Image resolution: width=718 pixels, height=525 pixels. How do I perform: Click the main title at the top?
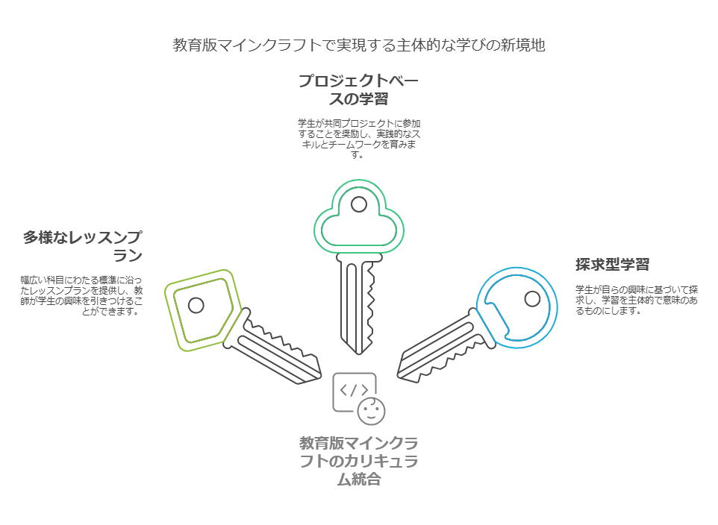tap(359, 45)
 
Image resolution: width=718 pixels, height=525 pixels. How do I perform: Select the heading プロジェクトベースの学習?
tap(359, 89)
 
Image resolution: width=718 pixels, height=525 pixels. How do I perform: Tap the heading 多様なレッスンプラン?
tap(82, 246)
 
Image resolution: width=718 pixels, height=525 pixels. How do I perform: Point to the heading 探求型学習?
tap(612, 264)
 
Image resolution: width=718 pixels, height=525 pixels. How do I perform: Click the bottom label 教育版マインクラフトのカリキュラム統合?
tap(359, 461)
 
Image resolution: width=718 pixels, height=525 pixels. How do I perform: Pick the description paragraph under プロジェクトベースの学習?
tap(359, 139)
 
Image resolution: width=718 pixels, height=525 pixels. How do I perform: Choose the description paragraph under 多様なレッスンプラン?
tap(82, 296)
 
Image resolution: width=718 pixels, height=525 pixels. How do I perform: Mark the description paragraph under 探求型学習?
tap(637, 300)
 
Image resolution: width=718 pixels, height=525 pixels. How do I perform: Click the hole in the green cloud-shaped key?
tap(359, 204)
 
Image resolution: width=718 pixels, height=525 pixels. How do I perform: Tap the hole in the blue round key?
tap(532, 299)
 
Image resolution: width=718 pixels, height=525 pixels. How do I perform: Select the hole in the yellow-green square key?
tap(196, 305)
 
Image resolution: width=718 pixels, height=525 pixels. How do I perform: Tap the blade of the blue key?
tap(440, 347)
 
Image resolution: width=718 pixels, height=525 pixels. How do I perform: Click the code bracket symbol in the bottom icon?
tap(354, 389)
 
